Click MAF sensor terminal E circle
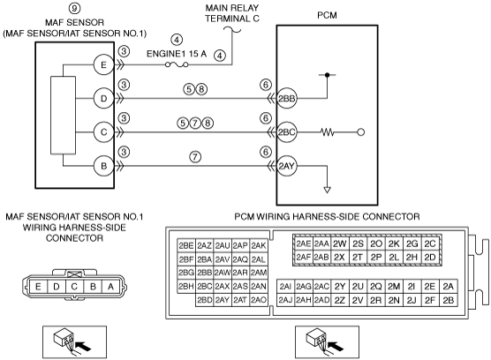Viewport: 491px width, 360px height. pos(103,65)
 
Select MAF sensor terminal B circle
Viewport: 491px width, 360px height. pos(103,166)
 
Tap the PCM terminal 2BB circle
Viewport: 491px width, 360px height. pos(286,99)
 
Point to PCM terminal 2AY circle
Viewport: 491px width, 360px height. pos(286,166)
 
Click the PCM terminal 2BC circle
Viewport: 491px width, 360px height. pos(286,132)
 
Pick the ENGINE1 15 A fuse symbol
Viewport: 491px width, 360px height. pos(177,64)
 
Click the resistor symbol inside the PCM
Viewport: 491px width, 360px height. pos(328,132)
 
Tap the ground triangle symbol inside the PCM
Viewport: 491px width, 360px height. pos(327,190)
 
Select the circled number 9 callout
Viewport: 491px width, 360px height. pos(74,8)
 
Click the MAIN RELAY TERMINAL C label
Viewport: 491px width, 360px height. pos(232,13)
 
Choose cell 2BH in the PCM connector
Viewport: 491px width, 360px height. pos(186,286)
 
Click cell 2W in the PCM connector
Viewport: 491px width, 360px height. pos(339,244)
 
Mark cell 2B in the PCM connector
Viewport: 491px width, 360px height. pos(449,300)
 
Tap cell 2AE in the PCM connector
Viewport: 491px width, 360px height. pos(304,244)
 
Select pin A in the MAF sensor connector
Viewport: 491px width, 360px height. pos(110,287)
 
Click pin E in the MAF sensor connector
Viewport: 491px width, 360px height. pos(38,287)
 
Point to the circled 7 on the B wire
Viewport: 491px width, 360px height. pos(195,156)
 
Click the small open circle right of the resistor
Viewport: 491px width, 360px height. pos(360,132)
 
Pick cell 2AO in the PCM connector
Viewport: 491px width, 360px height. pos(259,300)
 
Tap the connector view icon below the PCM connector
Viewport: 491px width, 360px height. pos(327,342)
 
